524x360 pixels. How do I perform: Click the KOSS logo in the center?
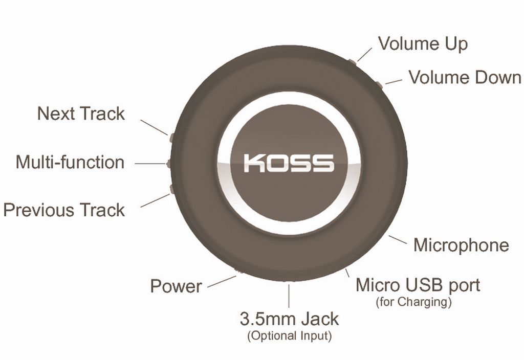point(289,163)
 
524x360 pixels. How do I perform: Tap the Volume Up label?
point(423,44)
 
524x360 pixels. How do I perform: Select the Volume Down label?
point(465,78)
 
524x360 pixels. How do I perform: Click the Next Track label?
point(81,113)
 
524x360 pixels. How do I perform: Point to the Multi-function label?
point(70,162)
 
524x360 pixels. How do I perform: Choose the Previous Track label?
point(64,210)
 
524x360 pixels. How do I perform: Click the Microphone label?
point(461,245)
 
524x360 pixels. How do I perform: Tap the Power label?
point(176,286)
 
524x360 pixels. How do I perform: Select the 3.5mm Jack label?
point(289,319)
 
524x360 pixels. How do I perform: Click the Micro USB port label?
point(418,285)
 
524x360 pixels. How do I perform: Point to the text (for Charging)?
point(413,302)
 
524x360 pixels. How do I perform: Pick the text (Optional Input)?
point(290,335)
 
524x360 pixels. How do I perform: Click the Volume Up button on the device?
point(352,62)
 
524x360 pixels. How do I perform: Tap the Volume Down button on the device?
point(379,85)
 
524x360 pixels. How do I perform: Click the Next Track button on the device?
point(171,137)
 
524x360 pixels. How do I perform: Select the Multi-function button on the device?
point(169,163)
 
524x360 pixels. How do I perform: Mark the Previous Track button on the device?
point(172,189)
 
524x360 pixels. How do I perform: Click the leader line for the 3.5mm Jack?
point(289,296)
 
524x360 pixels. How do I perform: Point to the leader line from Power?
point(222,282)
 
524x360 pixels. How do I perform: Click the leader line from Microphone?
point(398,239)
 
